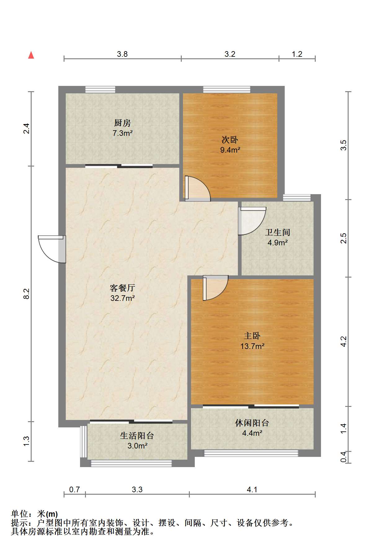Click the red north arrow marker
31,55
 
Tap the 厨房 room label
122,123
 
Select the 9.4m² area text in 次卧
230,150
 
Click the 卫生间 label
278,232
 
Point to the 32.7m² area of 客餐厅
123,298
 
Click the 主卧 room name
252,336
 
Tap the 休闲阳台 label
252,423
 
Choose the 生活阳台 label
137,436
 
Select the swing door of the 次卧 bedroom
197,189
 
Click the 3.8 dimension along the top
122,54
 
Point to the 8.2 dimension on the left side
27,293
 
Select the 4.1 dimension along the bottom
252,489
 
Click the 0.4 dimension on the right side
343,457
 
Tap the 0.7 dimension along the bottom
74,489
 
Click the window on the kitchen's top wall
100,90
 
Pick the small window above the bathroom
297,198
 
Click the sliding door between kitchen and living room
119,166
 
